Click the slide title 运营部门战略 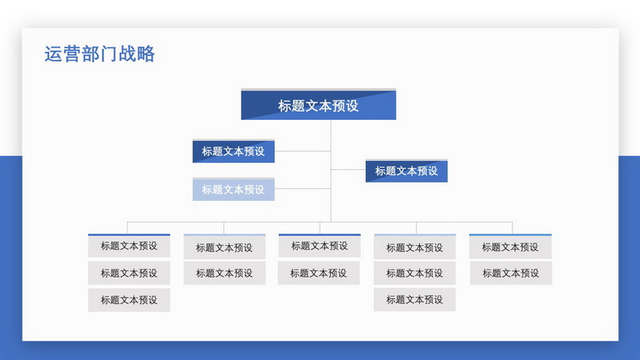(x=100, y=54)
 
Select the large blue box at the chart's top (x=318, y=104)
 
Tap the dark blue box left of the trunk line (x=233, y=151)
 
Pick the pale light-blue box (x=233, y=189)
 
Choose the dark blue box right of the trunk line (x=407, y=171)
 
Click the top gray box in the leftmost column (x=129, y=246)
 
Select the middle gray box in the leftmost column (x=129, y=273)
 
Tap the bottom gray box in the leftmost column (x=129, y=300)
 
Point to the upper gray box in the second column (x=224, y=247)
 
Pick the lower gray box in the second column (x=224, y=273)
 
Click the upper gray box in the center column (x=320, y=246)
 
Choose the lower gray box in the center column (x=319, y=273)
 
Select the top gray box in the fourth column (x=415, y=247)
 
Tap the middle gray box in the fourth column (x=415, y=273)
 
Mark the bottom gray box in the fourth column (x=415, y=300)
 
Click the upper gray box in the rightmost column (x=510, y=247)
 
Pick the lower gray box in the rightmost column (x=511, y=273)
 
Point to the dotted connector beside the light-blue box (x=302, y=188)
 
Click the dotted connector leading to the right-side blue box (x=348, y=169)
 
